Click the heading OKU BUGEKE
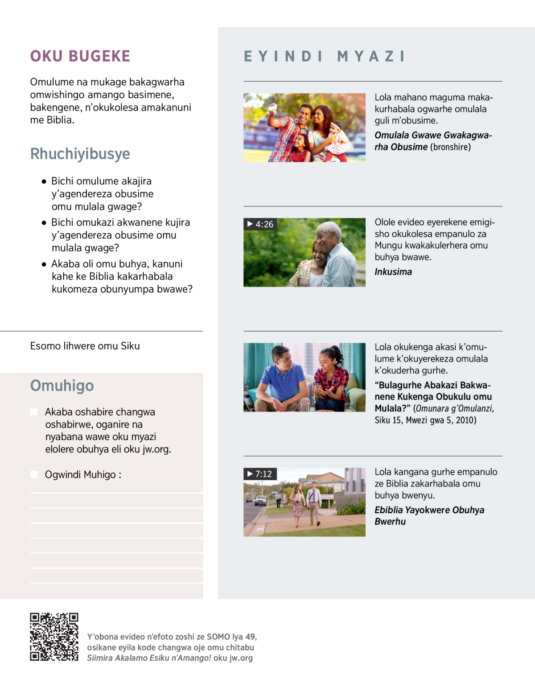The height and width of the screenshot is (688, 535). pyautogui.click(x=80, y=56)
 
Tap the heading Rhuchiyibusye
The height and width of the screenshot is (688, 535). pyautogui.click(x=80, y=154)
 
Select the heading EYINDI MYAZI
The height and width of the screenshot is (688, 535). pyautogui.click(x=325, y=57)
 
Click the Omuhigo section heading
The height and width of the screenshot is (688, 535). pyautogui.click(x=62, y=386)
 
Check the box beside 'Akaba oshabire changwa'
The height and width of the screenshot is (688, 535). pyautogui.click(x=34, y=412)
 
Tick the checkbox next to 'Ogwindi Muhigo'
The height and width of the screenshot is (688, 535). pyautogui.click(x=34, y=474)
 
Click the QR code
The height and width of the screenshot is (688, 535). pyautogui.click(x=54, y=637)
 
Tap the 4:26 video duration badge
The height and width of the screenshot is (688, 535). pyautogui.click(x=260, y=224)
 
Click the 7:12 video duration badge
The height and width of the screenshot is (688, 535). pyautogui.click(x=260, y=474)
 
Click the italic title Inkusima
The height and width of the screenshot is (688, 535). pyautogui.click(x=393, y=272)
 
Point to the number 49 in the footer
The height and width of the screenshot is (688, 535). pyautogui.click(x=251, y=637)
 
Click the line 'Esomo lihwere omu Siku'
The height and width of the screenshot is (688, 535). pyautogui.click(x=85, y=346)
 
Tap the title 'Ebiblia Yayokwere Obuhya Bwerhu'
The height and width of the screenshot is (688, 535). pyautogui.click(x=429, y=516)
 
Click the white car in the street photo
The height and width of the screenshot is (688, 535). pyautogui.click(x=260, y=501)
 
